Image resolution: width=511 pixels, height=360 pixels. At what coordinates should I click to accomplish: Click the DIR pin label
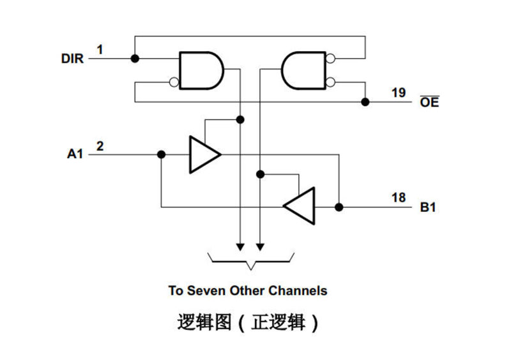(x=72, y=59)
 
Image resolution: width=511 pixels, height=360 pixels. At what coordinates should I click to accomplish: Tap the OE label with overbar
(x=429, y=102)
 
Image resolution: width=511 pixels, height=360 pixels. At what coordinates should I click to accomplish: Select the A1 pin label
(x=75, y=154)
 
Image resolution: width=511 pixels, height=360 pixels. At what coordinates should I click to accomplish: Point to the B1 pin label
(x=428, y=207)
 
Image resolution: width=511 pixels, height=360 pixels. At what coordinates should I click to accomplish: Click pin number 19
(x=399, y=93)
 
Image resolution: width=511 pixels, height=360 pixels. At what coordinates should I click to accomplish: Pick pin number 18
(x=399, y=198)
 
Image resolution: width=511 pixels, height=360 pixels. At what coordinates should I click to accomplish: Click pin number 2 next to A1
(x=100, y=146)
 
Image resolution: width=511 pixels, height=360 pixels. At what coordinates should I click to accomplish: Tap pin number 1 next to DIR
(x=100, y=49)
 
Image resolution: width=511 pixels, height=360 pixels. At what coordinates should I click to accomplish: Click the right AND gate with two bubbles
(x=303, y=70)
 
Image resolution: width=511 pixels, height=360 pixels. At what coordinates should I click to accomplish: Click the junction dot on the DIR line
(x=135, y=59)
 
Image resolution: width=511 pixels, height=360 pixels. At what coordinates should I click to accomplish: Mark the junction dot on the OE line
(x=365, y=101)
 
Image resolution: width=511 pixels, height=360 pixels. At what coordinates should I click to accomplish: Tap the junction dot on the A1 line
(x=161, y=154)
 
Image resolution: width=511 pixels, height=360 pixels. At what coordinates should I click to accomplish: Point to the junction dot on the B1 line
(x=339, y=207)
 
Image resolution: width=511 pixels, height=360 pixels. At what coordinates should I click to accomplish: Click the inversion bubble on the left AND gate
(x=174, y=81)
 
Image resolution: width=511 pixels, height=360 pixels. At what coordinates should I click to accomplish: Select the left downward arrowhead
(x=240, y=246)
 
